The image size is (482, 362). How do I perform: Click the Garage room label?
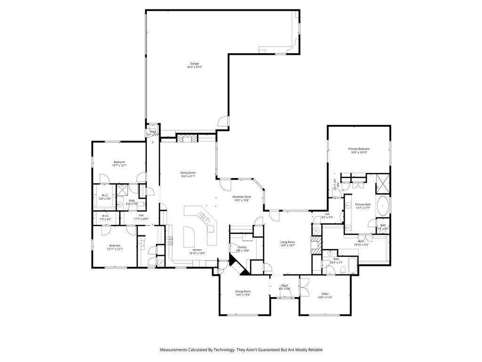[194, 64]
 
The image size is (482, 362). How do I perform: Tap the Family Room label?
[188, 173]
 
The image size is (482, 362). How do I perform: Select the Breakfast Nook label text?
[241, 197]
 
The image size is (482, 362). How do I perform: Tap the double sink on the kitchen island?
[204, 218]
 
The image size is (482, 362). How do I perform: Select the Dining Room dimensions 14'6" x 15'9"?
[243, 295]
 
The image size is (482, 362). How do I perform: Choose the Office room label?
[325, 294]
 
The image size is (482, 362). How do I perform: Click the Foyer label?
[285, 285]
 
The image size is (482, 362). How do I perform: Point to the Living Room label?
[287, 242]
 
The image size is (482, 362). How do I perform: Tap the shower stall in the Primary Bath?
[383, 183]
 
